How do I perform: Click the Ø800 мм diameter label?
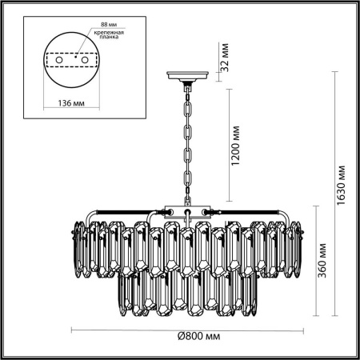pos(189,338)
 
